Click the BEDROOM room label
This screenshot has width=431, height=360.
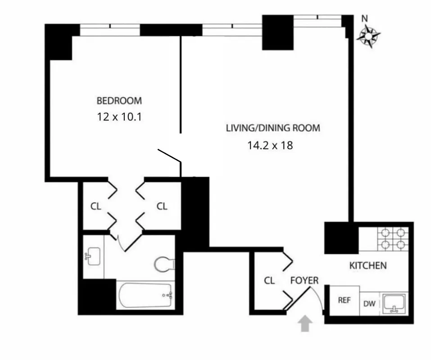[x=119, y=100]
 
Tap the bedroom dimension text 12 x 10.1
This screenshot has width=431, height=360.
[x=119, y=117]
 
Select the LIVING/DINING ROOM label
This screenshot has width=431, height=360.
[x=273, y=128]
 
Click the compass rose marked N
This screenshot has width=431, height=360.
[x=368, y=36]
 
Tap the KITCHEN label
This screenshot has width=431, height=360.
[x=368, y=265]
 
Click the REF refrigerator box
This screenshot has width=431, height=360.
[x=345, y=300]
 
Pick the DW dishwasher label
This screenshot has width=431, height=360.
[x=369, y=304]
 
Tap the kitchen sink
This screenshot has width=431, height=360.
[x=394, y=304]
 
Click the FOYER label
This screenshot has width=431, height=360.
[x=304, y=281]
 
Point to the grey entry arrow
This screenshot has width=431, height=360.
[x=305, y=324]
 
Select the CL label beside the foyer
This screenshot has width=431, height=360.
[x=269, y=281]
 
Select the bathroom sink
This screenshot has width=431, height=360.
[x=93, y=256]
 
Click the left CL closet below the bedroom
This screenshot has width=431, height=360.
[x=95, y=207]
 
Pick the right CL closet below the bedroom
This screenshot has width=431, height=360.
[x=162, y=207]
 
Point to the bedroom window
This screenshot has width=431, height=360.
[x=110, y=30]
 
